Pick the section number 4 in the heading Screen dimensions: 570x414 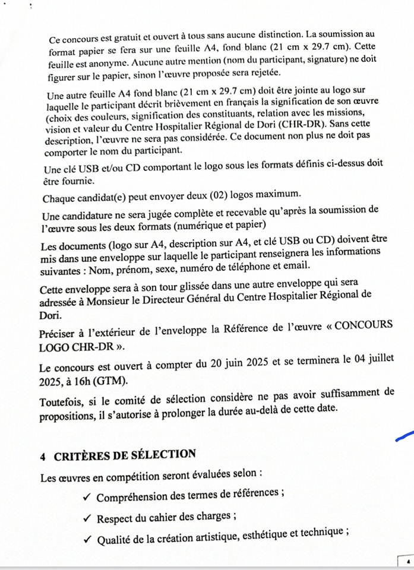(43, 456)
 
